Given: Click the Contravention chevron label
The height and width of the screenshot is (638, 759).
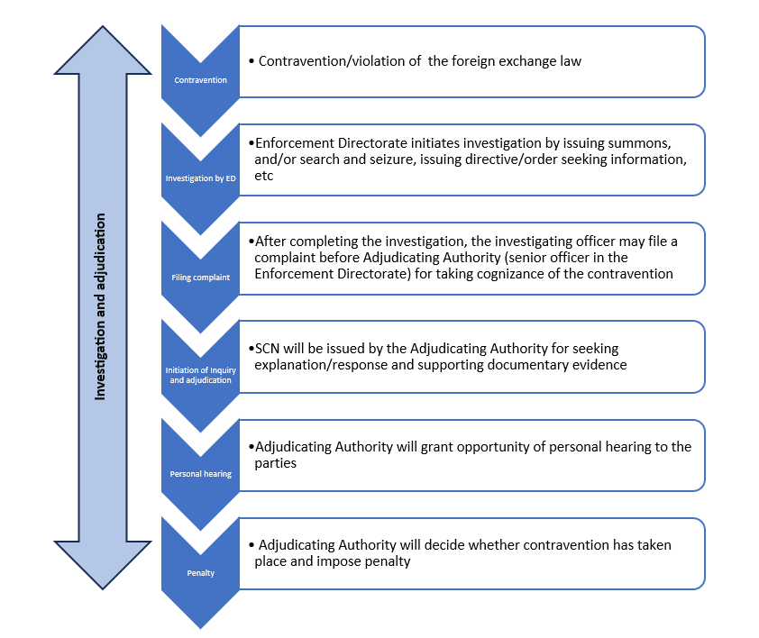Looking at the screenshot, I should pyautogui.click(x=200, y=80).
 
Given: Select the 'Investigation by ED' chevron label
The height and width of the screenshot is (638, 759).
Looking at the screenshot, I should pyautogui.click(x=200, y=178).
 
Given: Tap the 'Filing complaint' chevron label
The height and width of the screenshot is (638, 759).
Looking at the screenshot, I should pyautogui.click(x=200, y=278).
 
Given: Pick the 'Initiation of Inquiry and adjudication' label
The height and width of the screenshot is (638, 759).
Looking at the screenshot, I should pyautogui.click(x=200, y=375).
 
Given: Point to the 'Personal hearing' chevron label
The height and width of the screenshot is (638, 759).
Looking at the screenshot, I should pyautogui.click(x=200, y=474).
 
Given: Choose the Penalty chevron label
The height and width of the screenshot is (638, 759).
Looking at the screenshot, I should pyautogui.click(x=200, y=573).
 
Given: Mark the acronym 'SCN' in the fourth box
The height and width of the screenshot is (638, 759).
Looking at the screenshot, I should pyautogui.click(x=269, y=348).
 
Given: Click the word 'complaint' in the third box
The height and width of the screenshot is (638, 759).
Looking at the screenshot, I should pyautogui.click(x=288, y=258).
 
